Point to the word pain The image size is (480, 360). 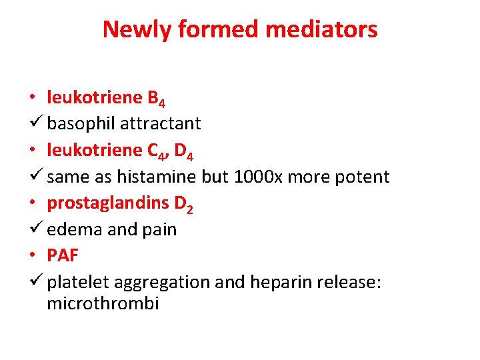point(160,230)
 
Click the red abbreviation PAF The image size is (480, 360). point(63,256)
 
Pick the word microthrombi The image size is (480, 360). point(103,305)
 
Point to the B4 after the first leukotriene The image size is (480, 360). point(156,99)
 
